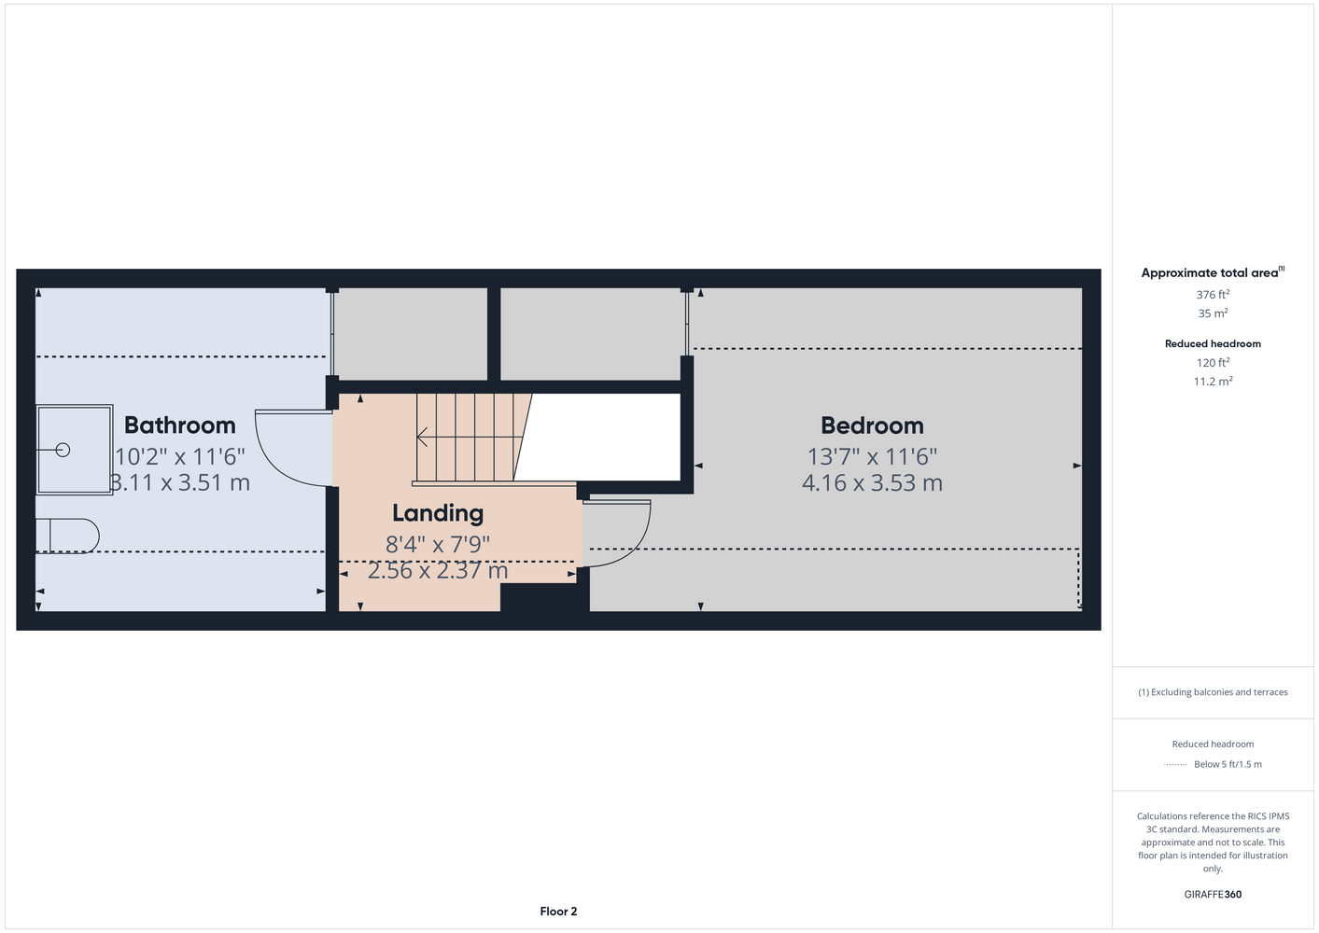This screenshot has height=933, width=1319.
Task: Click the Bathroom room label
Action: coord(179,425)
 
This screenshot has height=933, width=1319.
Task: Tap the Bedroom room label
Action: coord(872,425)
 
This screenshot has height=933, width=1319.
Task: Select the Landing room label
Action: coord(438,513)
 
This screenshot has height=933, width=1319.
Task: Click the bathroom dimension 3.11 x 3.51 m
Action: coord(179,482)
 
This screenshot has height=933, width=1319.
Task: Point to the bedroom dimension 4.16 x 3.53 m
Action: coord(872,482)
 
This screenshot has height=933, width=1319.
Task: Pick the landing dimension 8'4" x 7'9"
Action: coord(438,545)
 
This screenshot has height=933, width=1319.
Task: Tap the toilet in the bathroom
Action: coord(67,536)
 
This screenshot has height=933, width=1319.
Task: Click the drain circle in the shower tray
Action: coord(63,451)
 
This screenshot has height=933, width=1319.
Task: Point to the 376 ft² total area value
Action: coord(1213,294)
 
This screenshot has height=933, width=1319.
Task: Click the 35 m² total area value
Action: coord(1213,313)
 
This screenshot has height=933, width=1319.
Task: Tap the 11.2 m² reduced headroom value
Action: coord(1213,382)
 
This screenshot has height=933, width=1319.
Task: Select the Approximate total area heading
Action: coord(1213,272)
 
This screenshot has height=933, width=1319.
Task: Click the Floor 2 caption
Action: coord(558,912)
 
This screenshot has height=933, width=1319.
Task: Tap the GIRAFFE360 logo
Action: coord(1213,894)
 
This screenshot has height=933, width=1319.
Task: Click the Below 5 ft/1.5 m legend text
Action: coord(1228,764)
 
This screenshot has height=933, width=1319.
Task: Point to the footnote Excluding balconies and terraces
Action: coord(1219,692)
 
